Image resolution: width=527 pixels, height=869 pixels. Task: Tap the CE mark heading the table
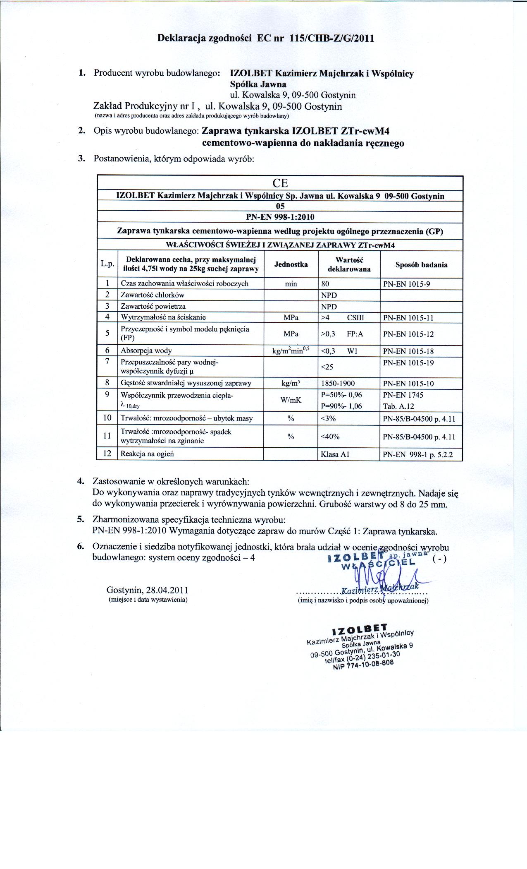pos(280,183)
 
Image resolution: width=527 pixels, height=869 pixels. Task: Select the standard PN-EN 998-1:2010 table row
pos(280,217)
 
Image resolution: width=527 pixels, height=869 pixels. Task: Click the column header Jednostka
pos(291,264)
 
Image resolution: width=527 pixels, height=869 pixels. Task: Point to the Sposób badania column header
pos(421,265)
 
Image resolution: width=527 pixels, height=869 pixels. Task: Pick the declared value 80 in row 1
pos(325,284)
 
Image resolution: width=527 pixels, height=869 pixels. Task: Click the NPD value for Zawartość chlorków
pos(329,295)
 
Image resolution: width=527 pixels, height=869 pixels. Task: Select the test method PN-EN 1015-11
pos(408,318)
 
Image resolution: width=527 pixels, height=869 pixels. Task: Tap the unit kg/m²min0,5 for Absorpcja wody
pos(291,351)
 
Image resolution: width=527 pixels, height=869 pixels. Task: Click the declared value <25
pos(327,367)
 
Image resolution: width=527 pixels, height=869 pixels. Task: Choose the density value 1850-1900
pos(338,383)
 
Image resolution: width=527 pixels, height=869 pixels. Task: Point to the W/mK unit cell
pos(291,400)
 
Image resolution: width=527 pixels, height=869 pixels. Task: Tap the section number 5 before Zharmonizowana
pos(81,519)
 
